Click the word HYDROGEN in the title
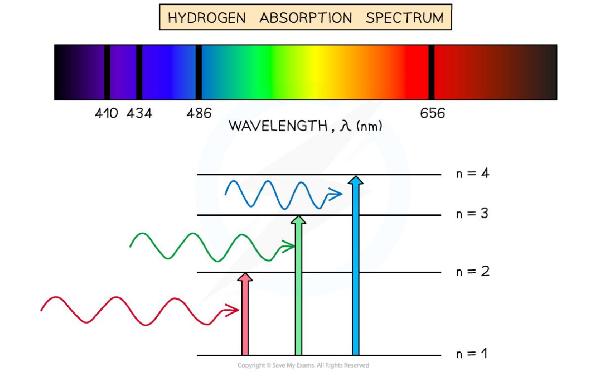pos(207,18)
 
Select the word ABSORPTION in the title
pos(305,18)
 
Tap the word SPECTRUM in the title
pos(404,18)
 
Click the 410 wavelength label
pos(106,114)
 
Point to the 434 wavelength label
pos(139,114)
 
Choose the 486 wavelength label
pos(199,114)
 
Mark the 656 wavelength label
pos(432,114)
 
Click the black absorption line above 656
pos(431,72)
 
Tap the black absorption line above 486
pos(198,72)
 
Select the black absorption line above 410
pos(107,72)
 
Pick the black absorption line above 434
pos(139,72)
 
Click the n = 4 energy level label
pos(472,174)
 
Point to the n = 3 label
pos(472,214)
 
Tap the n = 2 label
pos(472,272)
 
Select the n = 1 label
pos(472,354)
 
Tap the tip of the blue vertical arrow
pos(355,179)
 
